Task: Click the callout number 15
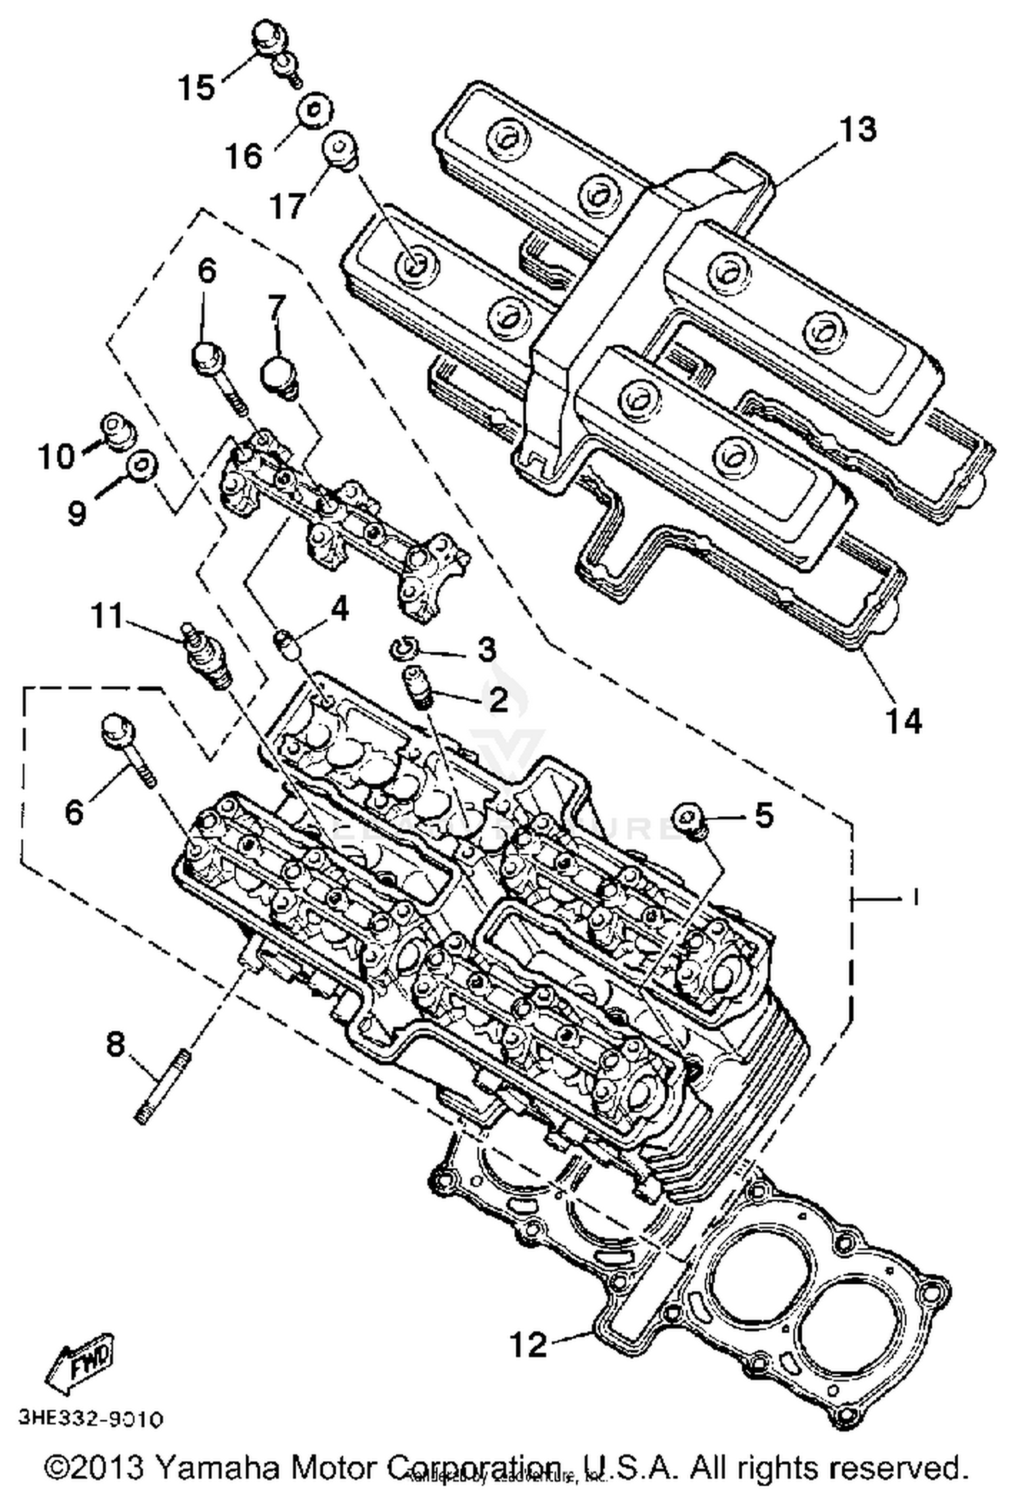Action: (196, 87)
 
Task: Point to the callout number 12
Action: (528, 1344)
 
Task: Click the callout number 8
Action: (116, 1044)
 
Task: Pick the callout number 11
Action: (108, 616)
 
